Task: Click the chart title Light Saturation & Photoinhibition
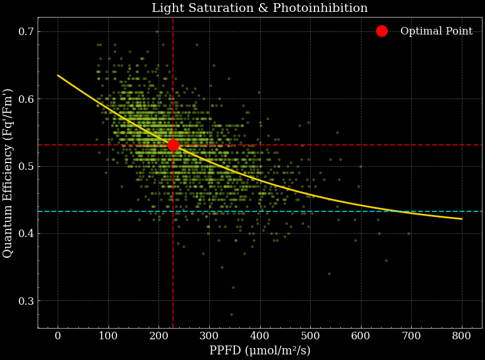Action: pos(259,8)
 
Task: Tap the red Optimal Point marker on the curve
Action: pos(173,145)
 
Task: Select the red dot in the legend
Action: pos(382,31)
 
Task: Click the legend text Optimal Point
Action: pos(436,31)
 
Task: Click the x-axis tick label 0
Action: pos(58,336)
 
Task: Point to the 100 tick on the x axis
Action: pos(108,336)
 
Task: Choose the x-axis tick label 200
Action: pos(159,336)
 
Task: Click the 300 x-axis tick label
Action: pos(209,336)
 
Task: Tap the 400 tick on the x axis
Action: pos(259,336)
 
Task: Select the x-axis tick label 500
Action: pos(310,336)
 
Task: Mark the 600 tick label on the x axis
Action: pos(361,336)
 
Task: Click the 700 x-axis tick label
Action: pos(411,336)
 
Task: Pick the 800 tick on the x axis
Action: pos(462,336)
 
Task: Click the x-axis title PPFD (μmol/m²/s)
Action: pos(259,351)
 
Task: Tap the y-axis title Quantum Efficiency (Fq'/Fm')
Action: pos(8,172)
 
